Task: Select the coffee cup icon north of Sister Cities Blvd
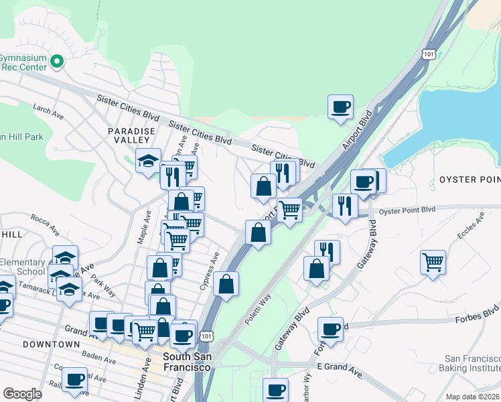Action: pos(340,107)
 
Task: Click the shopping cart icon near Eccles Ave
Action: pos(433,261)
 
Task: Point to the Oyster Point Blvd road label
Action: pos(407,210)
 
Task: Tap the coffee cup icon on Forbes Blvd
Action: pos(331,330)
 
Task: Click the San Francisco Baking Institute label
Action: pos(470,362)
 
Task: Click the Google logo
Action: pos(22,393)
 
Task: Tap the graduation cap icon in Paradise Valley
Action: pos(148,161)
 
